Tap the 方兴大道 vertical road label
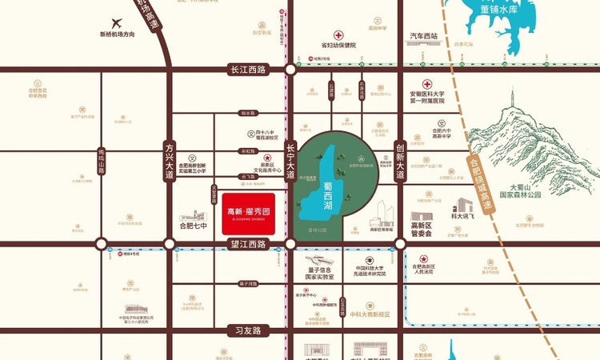(169, 163)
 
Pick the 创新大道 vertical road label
(400, 160)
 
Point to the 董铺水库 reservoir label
(499, 10)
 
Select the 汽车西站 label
(424, 36)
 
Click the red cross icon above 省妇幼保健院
(338, 35)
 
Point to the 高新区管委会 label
(422, 230)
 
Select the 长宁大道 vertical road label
(290, 159)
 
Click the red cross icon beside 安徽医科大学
(427, 84)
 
